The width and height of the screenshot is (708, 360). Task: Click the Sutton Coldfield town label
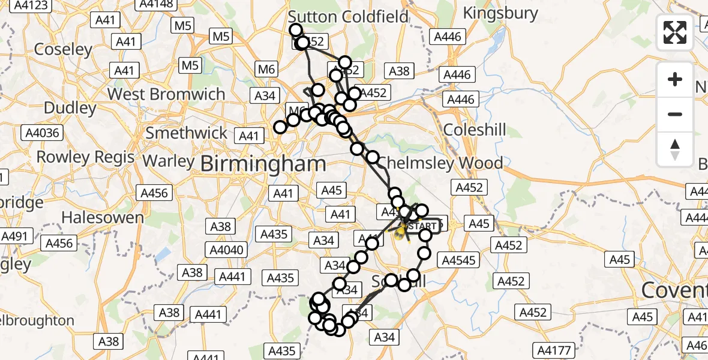click(349, 16)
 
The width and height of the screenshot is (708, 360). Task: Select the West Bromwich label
click(166, 94)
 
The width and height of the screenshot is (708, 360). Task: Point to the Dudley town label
click(70, 109)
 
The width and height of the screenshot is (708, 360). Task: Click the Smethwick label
click(187, 133)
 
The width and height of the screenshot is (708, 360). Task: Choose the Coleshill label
click(475, 130)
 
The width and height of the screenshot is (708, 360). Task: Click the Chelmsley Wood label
click(440, 163)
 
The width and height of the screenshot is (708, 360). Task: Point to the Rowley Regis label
click(86, 157)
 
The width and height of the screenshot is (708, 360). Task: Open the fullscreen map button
click(675, 32)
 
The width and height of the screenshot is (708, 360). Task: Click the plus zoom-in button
click(675, 79)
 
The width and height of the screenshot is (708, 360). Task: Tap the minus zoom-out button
click(675, 114)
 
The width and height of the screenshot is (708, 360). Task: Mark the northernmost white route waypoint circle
click(295, 30)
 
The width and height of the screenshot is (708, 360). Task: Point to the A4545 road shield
click(459, 260)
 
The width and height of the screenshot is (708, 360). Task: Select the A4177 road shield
click(557, 349)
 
